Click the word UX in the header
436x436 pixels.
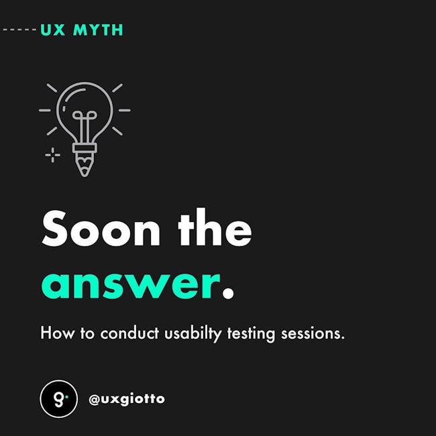click(x=53, y=30)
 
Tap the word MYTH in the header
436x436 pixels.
click(x=98, y=30)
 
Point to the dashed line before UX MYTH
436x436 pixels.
click(x=19, y=30)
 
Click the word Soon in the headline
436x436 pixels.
click(x=101, y=229)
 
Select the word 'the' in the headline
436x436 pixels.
click(x=215, y=227)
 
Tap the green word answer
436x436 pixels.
click(x=131, y=286)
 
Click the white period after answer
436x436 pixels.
click(x=228, y=293)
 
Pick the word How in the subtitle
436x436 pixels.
click(x=58, y=333)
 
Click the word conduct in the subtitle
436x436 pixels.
click(x=129, y=333)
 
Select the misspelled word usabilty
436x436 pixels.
click(x=193, y=334)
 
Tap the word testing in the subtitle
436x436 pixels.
click(x=251, y=334)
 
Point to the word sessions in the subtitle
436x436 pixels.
click(x=313, y=333)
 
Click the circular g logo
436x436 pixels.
click(x=58, y=398)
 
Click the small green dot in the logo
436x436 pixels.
click(x=66, y=397)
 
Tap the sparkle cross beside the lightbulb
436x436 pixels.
click(x=52, y=155)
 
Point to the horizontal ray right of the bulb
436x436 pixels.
click(x=125, y=111)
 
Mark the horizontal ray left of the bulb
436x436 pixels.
click(x=45, y=111)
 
